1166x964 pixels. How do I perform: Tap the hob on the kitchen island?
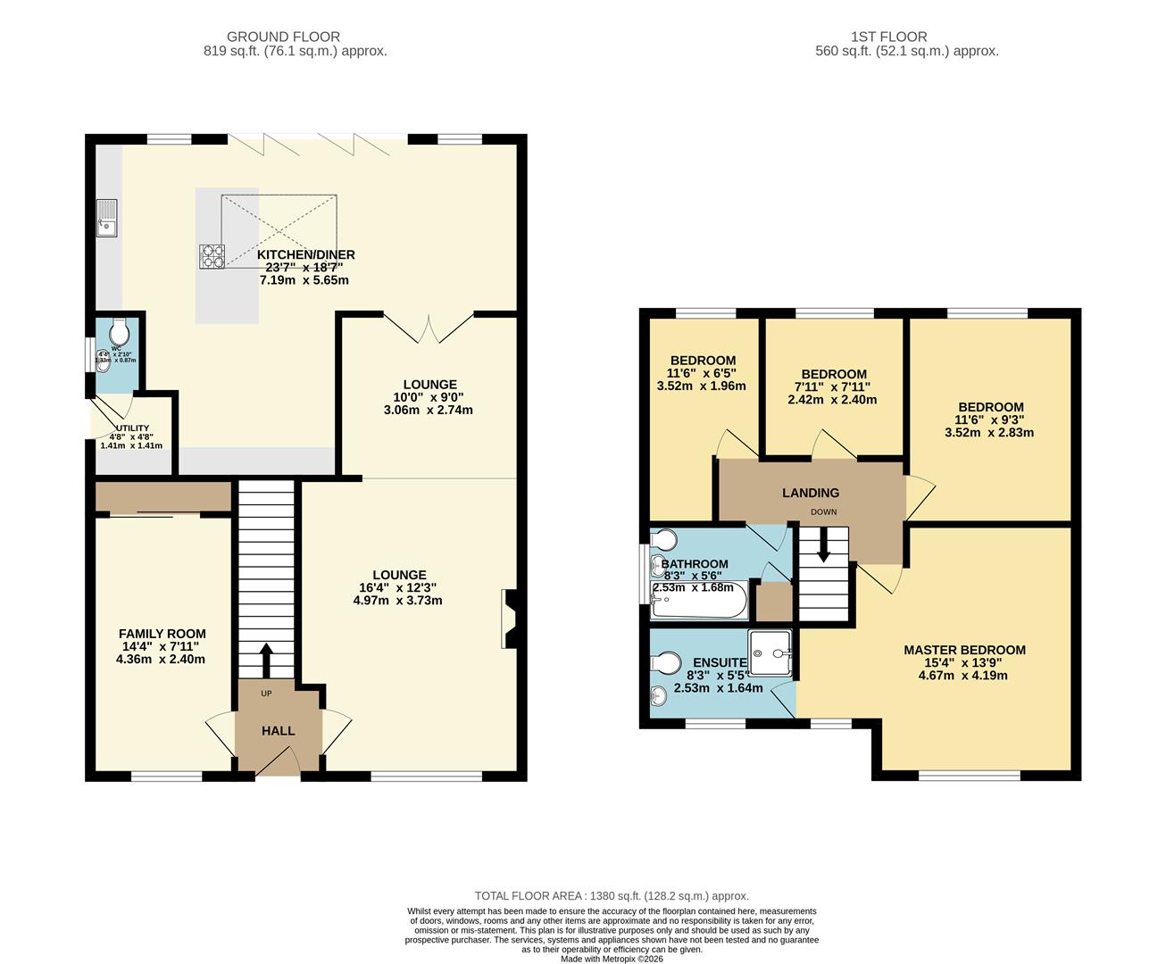[212, 256]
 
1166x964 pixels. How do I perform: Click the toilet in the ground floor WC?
[119, 333]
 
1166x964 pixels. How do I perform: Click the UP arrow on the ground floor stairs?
[266, 660]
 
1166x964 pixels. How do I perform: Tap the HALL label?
[278, 730]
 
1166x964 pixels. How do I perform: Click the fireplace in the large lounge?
[509, 619]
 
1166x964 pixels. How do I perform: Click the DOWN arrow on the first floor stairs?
[822, 545]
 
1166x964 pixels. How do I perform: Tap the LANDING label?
[810, 493]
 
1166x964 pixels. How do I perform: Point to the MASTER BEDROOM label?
[964, 650]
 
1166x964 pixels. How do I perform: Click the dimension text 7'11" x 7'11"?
[833, 387]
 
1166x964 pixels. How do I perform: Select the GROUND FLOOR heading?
[283, 37]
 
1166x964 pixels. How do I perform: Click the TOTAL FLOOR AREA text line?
[612, 895]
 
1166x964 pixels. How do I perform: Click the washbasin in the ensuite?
[660, 695]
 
